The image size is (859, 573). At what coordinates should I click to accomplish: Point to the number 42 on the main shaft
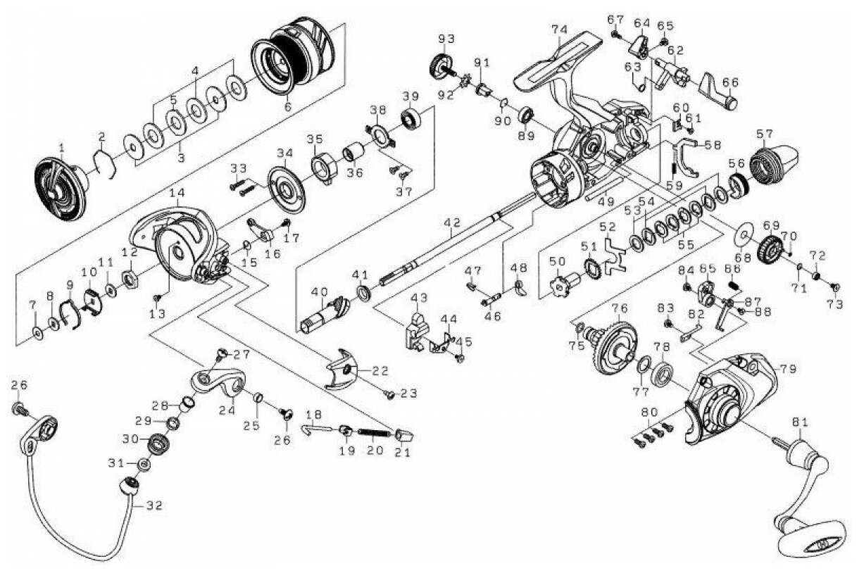452,223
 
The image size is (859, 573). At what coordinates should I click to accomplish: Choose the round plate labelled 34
286,189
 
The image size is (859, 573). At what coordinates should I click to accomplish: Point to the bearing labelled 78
663,374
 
